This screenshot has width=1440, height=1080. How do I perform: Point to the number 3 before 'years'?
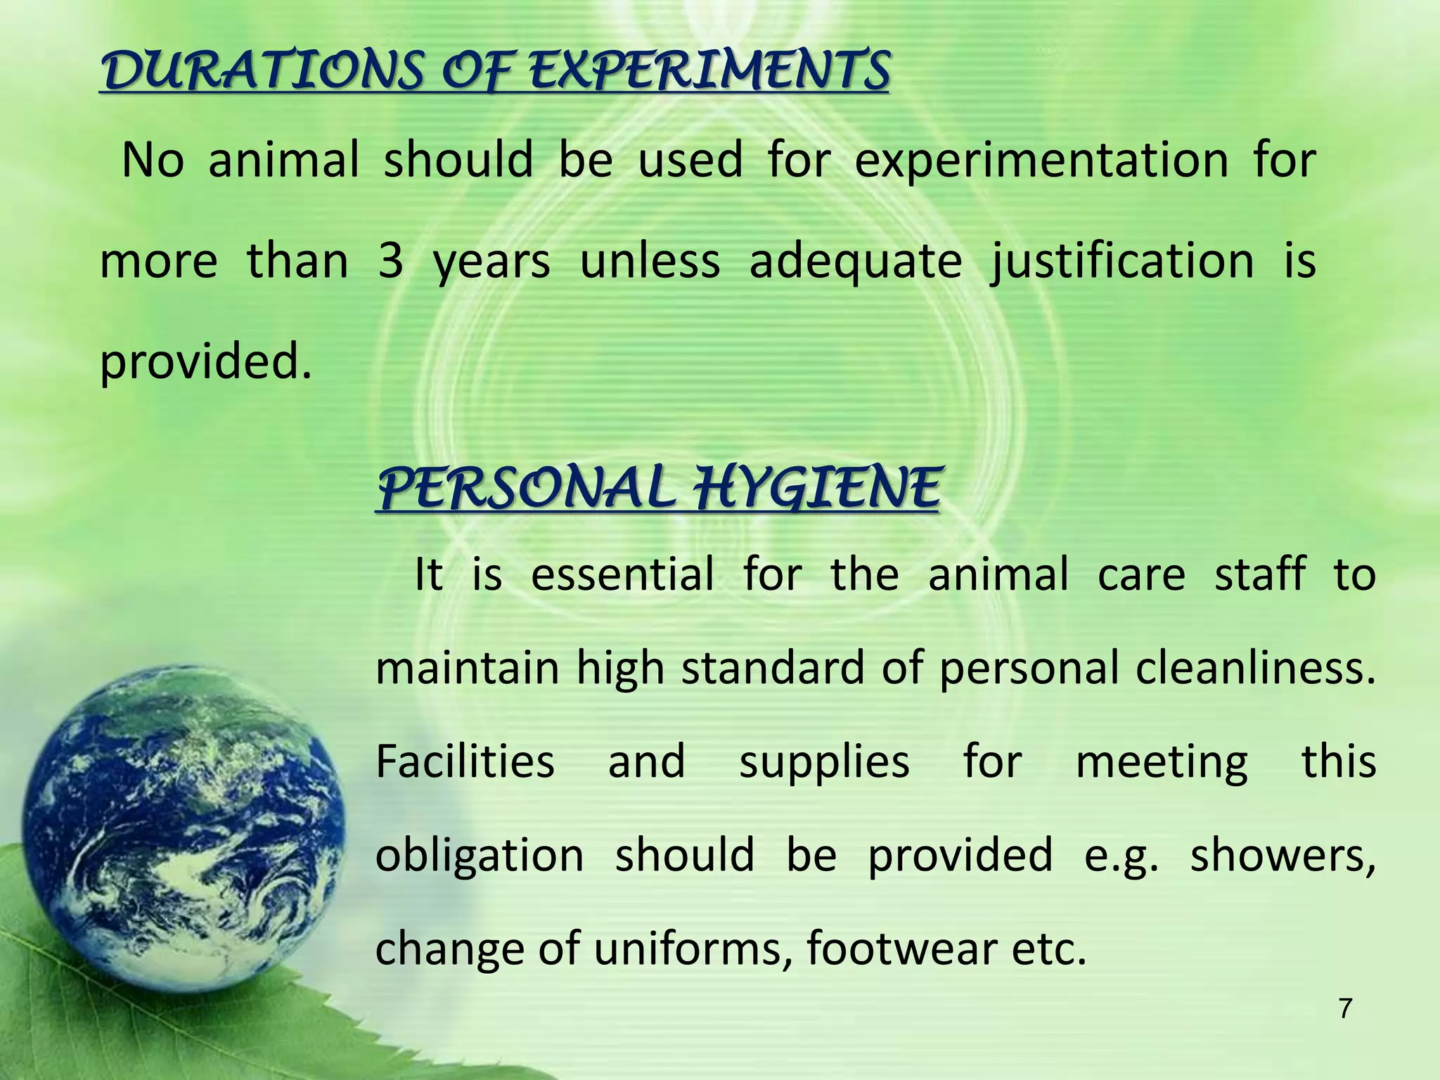[x=390, y=262]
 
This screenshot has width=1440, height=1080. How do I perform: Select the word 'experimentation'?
[x=1041, y=160]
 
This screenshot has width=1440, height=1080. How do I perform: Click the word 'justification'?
[x=1122, y=262]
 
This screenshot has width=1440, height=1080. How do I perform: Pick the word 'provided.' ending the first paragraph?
[x=205, y=362]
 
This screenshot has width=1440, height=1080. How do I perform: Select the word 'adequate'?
[x=855, y=262]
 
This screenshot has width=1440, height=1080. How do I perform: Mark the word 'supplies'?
[x=824, y=763]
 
